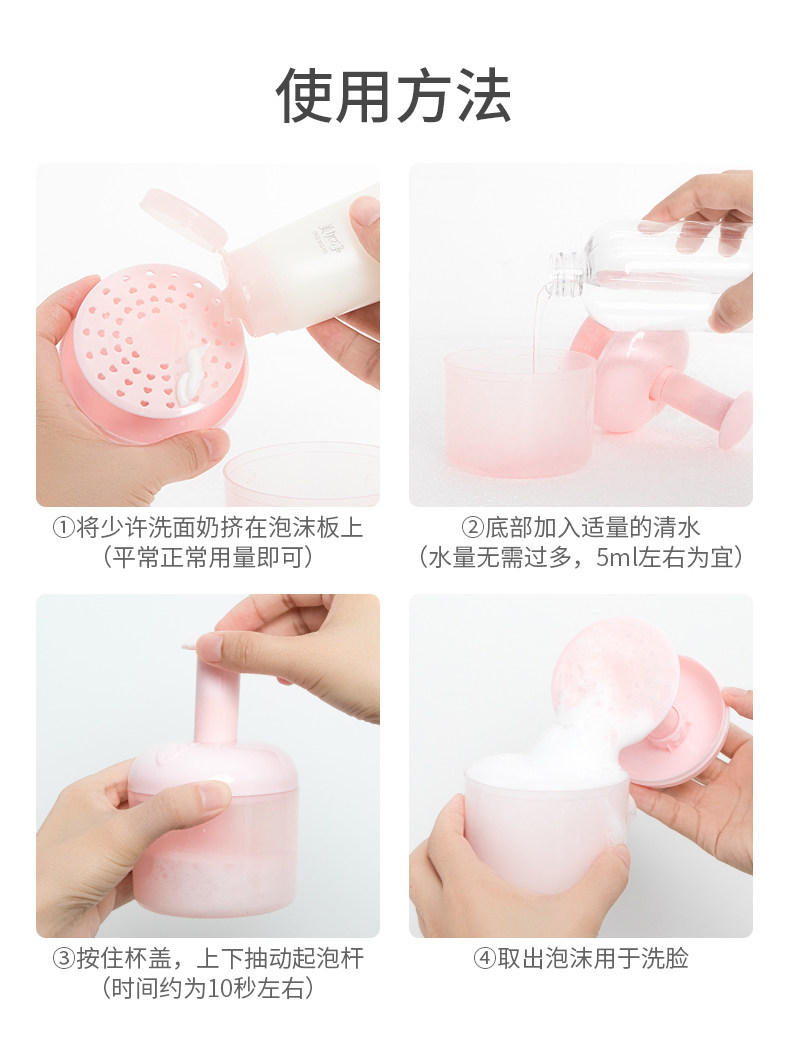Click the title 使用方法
(394, 95)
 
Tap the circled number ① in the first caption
(64, 528)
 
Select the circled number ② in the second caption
(472, 528)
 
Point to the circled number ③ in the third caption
(64, 959)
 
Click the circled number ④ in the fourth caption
(485, 959)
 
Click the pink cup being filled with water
(519, 412)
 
